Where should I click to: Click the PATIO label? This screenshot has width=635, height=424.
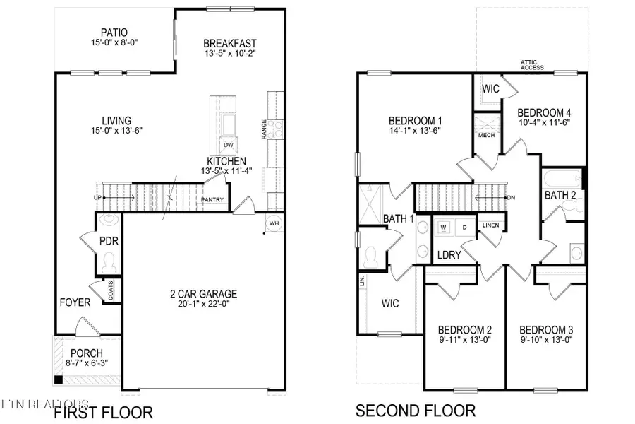(114, 32)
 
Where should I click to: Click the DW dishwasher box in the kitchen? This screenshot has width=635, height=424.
(228, 145)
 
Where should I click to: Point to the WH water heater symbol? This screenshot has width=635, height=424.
(274, 223)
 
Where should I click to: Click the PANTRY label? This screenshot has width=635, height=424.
(212, 200)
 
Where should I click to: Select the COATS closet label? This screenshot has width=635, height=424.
(111, 289)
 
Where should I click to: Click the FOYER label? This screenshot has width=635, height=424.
(75, 302)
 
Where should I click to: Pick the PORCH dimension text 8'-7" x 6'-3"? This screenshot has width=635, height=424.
(86, 364)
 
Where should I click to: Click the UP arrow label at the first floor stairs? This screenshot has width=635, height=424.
(99, 197)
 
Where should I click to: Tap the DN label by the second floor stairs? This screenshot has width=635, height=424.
(510, 197)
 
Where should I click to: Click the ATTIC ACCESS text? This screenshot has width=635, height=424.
(533, 65)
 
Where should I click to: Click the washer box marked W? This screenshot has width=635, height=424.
(444, 227)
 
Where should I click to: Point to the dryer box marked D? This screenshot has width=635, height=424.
(464, 227)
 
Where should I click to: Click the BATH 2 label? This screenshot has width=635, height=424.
(560, 195)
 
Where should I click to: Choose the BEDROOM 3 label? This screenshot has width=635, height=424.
(546, 330)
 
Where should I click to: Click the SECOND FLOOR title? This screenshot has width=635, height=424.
(415, 411)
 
